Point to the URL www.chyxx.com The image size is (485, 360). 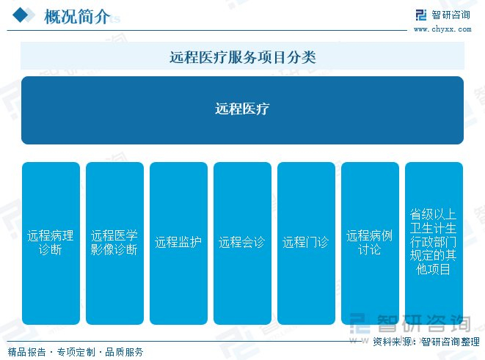click(x=443, y=30)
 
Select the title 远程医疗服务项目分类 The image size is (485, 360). click(x=242, y=56)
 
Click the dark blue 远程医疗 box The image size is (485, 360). click(x=242, y=110)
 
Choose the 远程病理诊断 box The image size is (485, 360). click(x=51, y=243)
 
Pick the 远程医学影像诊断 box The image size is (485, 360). click(x=114, y=243)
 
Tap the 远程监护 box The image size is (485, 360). click(x=178, y=243)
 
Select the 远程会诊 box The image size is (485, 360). click(x=242, y=243)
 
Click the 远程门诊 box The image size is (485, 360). click(x=306, y=243)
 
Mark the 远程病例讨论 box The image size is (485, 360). click(x=370, y=243)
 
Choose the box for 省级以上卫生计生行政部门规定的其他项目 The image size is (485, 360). click(x=434, y=243)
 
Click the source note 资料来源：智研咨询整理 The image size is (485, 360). click(x=426, y=342)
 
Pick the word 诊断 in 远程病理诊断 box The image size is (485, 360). click(x=51, y=250)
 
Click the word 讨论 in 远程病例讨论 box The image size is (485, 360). click(x=370, y=250)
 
